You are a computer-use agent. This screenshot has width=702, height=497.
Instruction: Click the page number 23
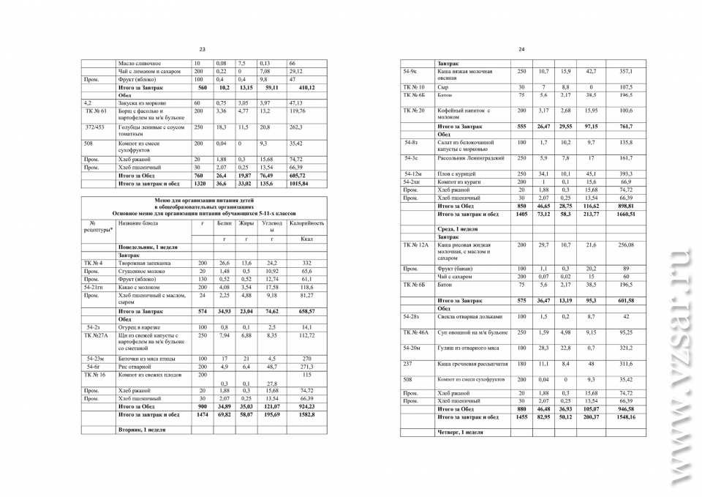point(203,49)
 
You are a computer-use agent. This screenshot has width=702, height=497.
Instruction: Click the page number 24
point(521,49)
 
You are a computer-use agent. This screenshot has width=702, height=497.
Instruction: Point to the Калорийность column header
point(307,223)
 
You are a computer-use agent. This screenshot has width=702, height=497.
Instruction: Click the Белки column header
point(224,223)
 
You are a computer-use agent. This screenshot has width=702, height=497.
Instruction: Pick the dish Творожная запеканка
point(144,263)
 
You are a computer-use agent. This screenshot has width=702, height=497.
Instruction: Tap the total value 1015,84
point(300,184)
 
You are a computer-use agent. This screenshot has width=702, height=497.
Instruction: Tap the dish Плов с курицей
point(456,173)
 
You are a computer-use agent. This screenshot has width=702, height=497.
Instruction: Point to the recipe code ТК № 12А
point(415,244)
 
